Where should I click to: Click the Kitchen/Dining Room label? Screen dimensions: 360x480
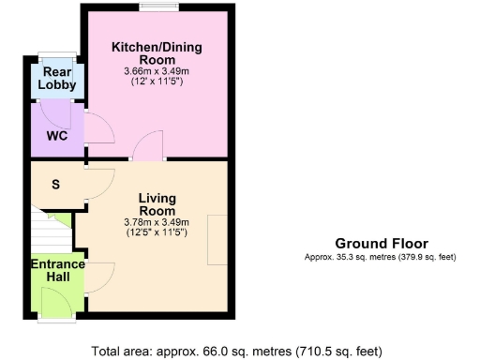pyautogui.click(x=157, y=52)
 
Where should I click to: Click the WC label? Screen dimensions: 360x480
pyautogui.click(x=56, y=135)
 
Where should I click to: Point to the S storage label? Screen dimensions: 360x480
pyautogui.click(x=55, y=184)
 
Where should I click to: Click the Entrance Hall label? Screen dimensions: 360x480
pyautogui.click(x=58, y=270)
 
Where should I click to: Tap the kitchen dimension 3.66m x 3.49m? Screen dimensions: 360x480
pyautogui.click(x=157, y=70)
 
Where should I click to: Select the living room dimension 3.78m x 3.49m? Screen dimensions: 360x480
pyautogui.click(x=157, y=222)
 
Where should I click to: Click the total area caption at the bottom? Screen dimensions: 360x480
pyautogui.click(x=238, y=352)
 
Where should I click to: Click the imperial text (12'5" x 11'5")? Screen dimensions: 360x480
pyautogui.click(x=157, y=232)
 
